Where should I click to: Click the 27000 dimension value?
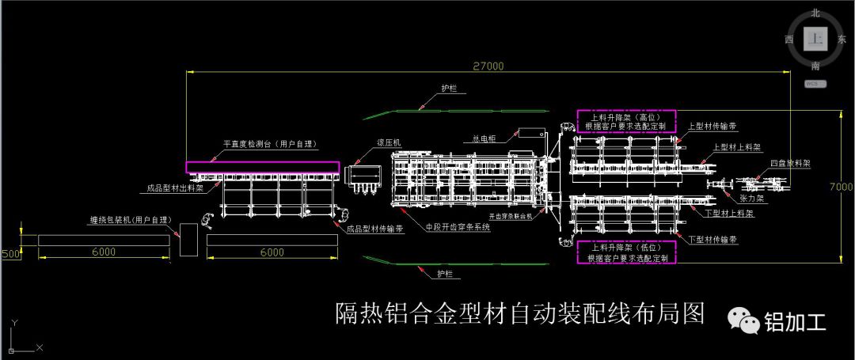tap(488, 66)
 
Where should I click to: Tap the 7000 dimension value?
tap(842, 187)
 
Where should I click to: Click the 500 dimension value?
tap(10, 254)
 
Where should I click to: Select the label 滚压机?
tap(389, 142)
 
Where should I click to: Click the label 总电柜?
tap(484, 138)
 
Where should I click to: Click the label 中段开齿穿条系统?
tap(458, 227)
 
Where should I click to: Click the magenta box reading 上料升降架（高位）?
tap(625, 120)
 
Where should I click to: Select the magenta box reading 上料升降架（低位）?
tap(625, 252)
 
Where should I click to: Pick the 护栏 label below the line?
tap(448, 274)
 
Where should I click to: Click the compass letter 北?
tap(815, 13)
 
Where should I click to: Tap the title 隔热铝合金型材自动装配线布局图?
tap(520, 313)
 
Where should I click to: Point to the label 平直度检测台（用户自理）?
tap(269, 144)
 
